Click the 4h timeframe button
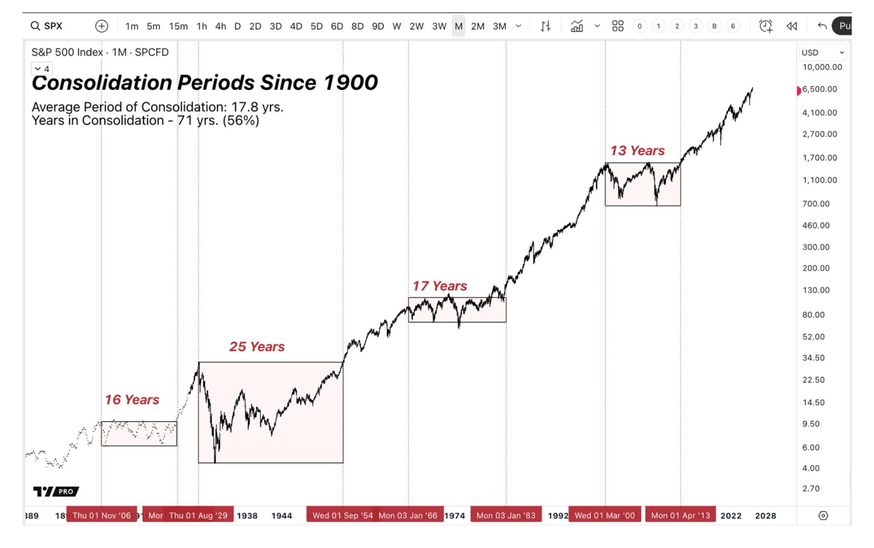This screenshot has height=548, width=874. point(220,26)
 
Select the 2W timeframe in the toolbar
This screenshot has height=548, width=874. point(416,26)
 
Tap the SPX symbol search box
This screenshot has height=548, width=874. point(47,26)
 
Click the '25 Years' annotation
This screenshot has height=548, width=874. point(257,347)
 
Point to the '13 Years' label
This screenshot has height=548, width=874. point(637,151)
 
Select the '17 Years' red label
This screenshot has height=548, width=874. point(440,286)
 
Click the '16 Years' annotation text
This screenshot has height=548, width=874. point(132,400)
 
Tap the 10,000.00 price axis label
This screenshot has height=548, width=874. point(822,67)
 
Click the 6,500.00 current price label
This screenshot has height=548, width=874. point(819,89)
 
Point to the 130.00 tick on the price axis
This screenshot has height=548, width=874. point(816,290)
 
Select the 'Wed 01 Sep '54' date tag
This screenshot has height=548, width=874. point(342,515)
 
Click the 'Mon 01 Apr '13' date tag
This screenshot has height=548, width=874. point(680,515)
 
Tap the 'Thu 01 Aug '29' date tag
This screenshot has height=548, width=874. point(198,515)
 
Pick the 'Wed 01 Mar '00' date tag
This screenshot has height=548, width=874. point(605,515)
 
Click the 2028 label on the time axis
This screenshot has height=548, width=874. point(765,516)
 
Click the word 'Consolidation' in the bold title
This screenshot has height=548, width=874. point(101,83)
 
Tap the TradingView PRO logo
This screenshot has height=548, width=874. point(56,491)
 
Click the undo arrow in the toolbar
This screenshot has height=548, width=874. point(822,26)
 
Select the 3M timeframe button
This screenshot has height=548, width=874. point(499,26)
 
